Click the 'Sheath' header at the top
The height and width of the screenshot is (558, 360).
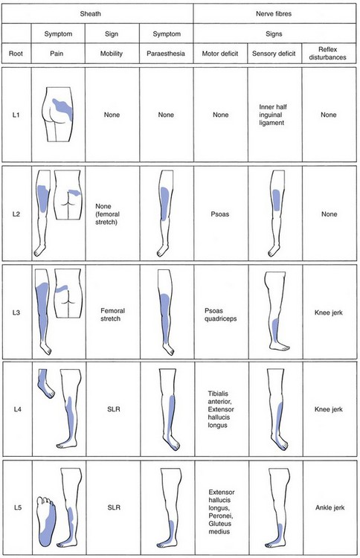click(90, 14)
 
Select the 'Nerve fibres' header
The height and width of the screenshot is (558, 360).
click(274, 14)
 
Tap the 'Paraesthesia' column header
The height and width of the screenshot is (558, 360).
click(166, 54)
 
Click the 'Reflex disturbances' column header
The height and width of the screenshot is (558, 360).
click(327, 54)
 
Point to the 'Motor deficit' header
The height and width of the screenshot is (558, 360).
click(220, 54)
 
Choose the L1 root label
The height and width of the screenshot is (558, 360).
click(16, 115)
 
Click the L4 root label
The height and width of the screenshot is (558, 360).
click(17, 409)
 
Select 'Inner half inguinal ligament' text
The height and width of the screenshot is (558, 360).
click(273, 115)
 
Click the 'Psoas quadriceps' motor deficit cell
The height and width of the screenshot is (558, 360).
click(221, 315)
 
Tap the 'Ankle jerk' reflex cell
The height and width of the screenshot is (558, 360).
click(330, 507)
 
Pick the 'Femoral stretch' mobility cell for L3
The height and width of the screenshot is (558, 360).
click(112, 315)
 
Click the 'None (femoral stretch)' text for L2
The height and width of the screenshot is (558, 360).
click(107, 214)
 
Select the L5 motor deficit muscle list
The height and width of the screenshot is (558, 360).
click(221, 512)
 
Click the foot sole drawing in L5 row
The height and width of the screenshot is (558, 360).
click(47, 522)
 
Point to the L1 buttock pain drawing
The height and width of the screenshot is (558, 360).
click(59, 115)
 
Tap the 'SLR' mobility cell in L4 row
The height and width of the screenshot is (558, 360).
click(114, 409)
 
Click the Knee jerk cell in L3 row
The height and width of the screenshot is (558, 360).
click(328, 312)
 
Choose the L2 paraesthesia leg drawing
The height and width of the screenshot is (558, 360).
click(164, 213)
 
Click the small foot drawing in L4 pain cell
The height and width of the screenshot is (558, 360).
click(46, 383)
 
